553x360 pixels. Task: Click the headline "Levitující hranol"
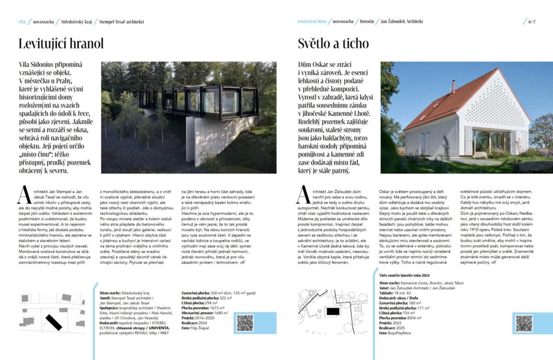coord(60,44)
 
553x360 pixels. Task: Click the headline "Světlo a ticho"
coord(333,44)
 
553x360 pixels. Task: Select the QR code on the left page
coord(245,323)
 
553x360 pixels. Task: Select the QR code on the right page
coord(523,323)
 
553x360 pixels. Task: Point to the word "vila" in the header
coord(22,22)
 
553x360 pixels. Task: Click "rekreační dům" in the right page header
coord(312,22)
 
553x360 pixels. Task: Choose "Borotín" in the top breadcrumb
coord(367,22)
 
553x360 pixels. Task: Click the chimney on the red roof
coord(453,85)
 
